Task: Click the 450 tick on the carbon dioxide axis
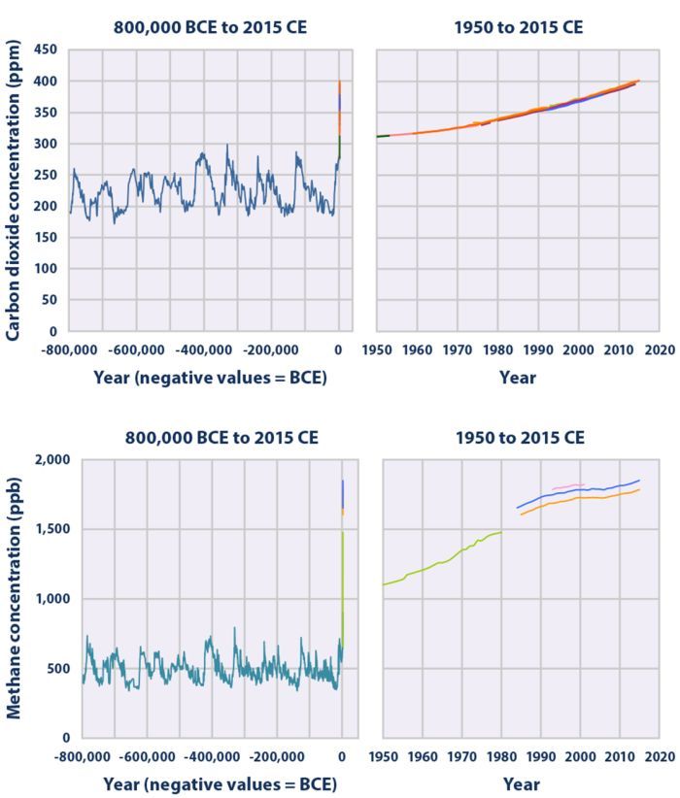tap(48, 50)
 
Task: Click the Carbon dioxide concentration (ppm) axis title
tap(16, 190)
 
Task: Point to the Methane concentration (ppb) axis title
tap(16, 596)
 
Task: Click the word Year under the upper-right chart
tap(518, 379)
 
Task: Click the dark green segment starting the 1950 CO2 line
tap(383, 136)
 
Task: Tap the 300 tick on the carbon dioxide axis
tap(48, 144)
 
